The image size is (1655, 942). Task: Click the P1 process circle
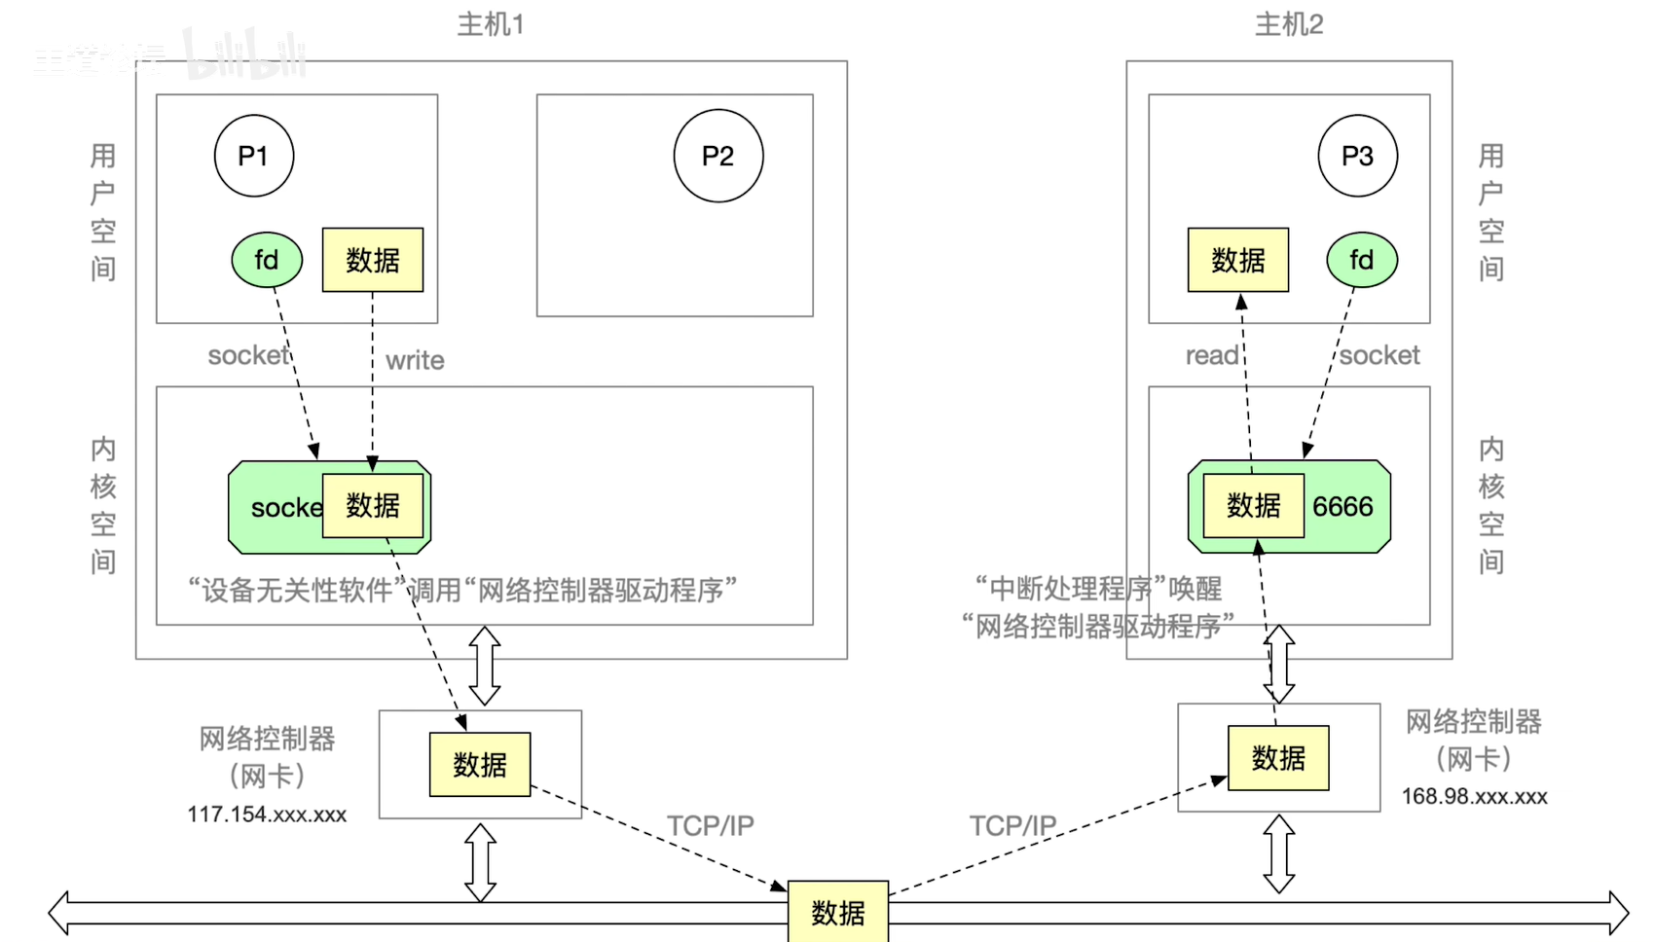(253, 156)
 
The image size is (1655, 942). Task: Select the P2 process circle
(717, 156)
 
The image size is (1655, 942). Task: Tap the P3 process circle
(1357, 156)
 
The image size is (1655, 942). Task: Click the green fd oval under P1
(267, 260)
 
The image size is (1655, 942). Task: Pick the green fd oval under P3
(1361, 260)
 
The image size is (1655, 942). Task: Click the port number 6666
(1342, 507)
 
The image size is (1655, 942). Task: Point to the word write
(415, 361)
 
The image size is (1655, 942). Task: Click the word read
(1211, 356)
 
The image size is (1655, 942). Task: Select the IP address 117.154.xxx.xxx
(267, 815)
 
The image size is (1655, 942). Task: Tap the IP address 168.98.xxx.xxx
(1474, 797)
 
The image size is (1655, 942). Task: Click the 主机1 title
(491, 24)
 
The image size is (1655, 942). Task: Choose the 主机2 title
(1289, 24)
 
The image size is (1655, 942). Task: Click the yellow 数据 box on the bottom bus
(837, 912)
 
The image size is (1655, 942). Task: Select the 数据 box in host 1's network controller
(480, 765)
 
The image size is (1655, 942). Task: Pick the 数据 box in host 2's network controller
(1278, 758)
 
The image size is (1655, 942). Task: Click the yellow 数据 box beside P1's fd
(373, 260)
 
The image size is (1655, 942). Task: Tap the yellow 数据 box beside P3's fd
(1237, 260)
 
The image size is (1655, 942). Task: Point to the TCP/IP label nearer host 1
(710, 826)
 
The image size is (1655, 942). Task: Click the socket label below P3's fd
(1379, 356)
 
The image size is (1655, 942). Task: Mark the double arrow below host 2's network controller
(1278, 854)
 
